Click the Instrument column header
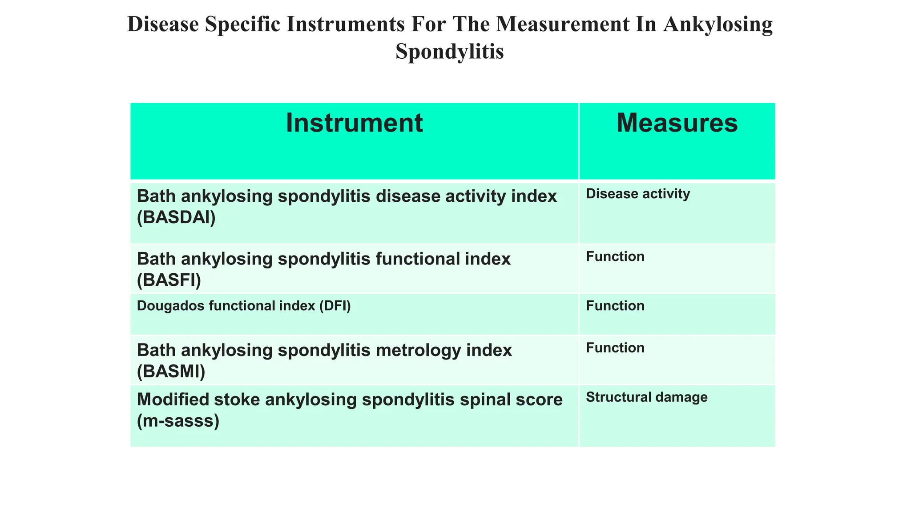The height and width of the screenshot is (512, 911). click(354, 123)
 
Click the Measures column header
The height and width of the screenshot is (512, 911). click(677, 123)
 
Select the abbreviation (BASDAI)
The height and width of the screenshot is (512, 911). click(176, 218)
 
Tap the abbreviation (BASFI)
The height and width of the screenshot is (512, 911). click(169, 280)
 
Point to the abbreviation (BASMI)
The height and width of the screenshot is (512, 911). click(171, 372)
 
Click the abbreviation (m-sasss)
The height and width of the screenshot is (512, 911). click(178, 420)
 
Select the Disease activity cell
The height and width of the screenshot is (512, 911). click(638, 194)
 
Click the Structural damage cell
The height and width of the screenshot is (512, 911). click(646, 397)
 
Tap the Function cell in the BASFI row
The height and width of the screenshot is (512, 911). click(615, 257)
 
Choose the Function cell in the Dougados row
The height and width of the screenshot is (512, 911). click(615, 306)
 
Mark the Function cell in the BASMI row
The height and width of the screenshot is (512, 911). click(615, 348)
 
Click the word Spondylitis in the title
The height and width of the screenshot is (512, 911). click(449, 51)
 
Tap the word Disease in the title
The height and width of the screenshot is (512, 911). click(163, 24)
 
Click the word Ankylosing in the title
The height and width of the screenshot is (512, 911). click(717, 24)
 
